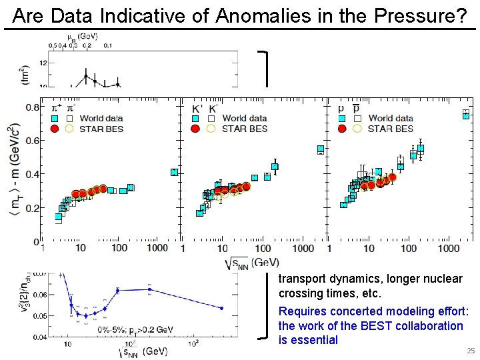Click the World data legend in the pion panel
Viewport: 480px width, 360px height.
coord(101,119)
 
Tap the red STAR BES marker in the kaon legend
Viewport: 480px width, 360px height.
coord(197,129)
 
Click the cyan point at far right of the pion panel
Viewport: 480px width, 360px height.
coord(174,172)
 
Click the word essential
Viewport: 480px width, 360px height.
coord(315,341)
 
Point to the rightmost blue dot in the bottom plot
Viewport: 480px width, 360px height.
coord(221,308)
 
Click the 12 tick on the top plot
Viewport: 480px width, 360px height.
coord(43,63)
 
